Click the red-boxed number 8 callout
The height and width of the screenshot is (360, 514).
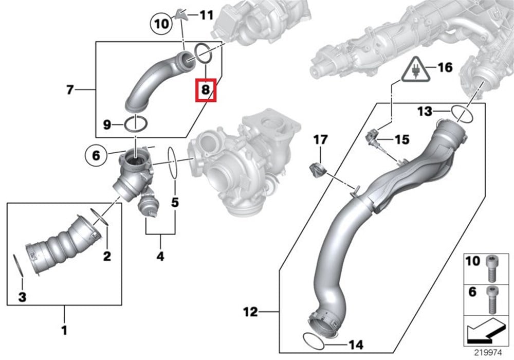coord(206,89)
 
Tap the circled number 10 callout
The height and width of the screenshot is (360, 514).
coord(161,23)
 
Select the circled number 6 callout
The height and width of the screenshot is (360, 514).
coord(96,155)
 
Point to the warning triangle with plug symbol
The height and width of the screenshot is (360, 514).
coord(415,70)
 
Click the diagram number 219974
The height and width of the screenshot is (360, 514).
coord(488,353)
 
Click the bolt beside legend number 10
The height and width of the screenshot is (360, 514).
coord(490,268)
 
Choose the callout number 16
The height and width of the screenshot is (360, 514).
coord(445,67)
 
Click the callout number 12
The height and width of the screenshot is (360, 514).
coord(250,312)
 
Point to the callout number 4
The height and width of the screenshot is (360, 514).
coord(160,256)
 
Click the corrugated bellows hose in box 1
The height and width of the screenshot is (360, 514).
coord(65,243)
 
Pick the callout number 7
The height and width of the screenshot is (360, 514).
coord(70,89)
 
